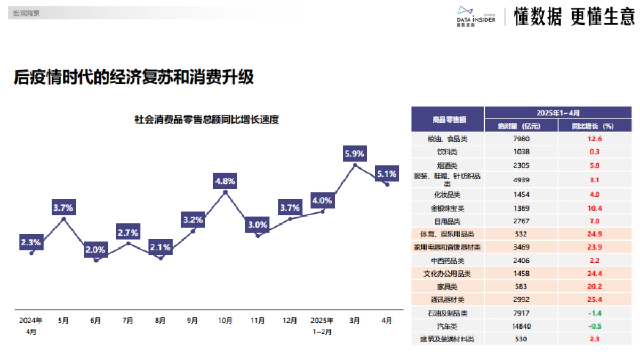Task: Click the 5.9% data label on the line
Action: click(x=355, y=154)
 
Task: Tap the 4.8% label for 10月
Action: click(x=225, y=181)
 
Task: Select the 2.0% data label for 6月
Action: click(x=96, y=250)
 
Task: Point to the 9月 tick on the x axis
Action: click(x=193, y=321)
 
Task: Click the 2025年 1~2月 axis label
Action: click(x=322, y=325)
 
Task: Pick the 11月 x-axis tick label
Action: click(x=258, y=321)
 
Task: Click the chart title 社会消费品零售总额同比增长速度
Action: click(x=207, y=119)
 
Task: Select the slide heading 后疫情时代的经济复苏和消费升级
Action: click(x=134, y=77)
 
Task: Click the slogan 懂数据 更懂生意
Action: click(x=574, y=17)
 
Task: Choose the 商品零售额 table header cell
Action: click(x=447, y=119)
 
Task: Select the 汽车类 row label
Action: click(x=447, y=326)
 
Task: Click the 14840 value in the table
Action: click(x=521, y=326)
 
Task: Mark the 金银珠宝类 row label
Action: click(x=447, y=208)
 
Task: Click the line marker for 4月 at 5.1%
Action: click(x=387, y=185)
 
